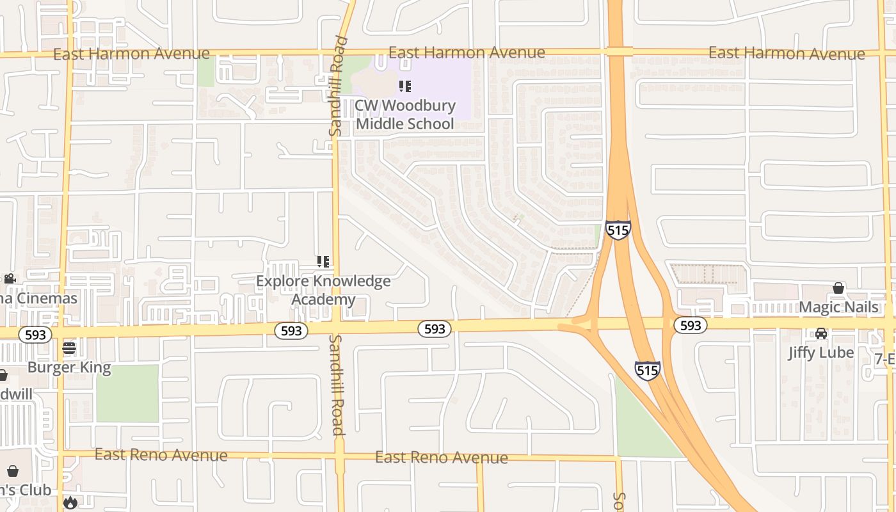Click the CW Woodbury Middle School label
coord(405,115)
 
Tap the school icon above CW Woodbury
coord(404,86)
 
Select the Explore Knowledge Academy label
coord(323,290)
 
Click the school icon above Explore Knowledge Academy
coord(323,261)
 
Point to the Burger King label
coord(69,368)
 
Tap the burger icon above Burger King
coord(69,348)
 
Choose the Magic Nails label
coord(838,307)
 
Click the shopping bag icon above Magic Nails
coord(838,288)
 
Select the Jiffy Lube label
coord(820,353)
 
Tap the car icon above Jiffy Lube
coord(820,333)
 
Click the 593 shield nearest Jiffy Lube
coord(691,326)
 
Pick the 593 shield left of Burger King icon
coord(35,335)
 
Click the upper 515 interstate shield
coord(618,230)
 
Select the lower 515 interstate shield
coord(647,370)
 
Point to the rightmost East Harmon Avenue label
coord(787,54)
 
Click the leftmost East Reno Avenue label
coord(161,455)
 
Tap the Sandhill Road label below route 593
coord(337,385)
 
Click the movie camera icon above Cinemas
coord(10,278)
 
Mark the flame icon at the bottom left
coord(70,502)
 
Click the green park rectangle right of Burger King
coord(127,393)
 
